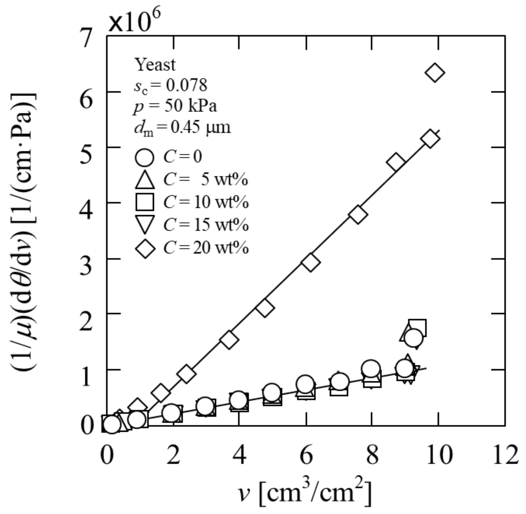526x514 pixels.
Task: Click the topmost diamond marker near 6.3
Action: pos(435,73)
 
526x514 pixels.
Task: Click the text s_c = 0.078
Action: pos(170,85)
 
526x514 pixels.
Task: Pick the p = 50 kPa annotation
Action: pos(175,106)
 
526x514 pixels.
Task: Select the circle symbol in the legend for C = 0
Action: pos(145,157)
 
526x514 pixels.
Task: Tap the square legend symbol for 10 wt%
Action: pos(145,202)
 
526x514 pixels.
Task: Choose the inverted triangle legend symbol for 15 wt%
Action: pos(145,224)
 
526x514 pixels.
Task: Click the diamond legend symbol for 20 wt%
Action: pos(145,248)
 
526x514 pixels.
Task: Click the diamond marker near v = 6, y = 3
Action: pos(310,262)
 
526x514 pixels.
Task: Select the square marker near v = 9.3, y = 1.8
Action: pos(417,328)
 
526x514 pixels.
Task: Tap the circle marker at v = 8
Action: pos(371,369)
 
